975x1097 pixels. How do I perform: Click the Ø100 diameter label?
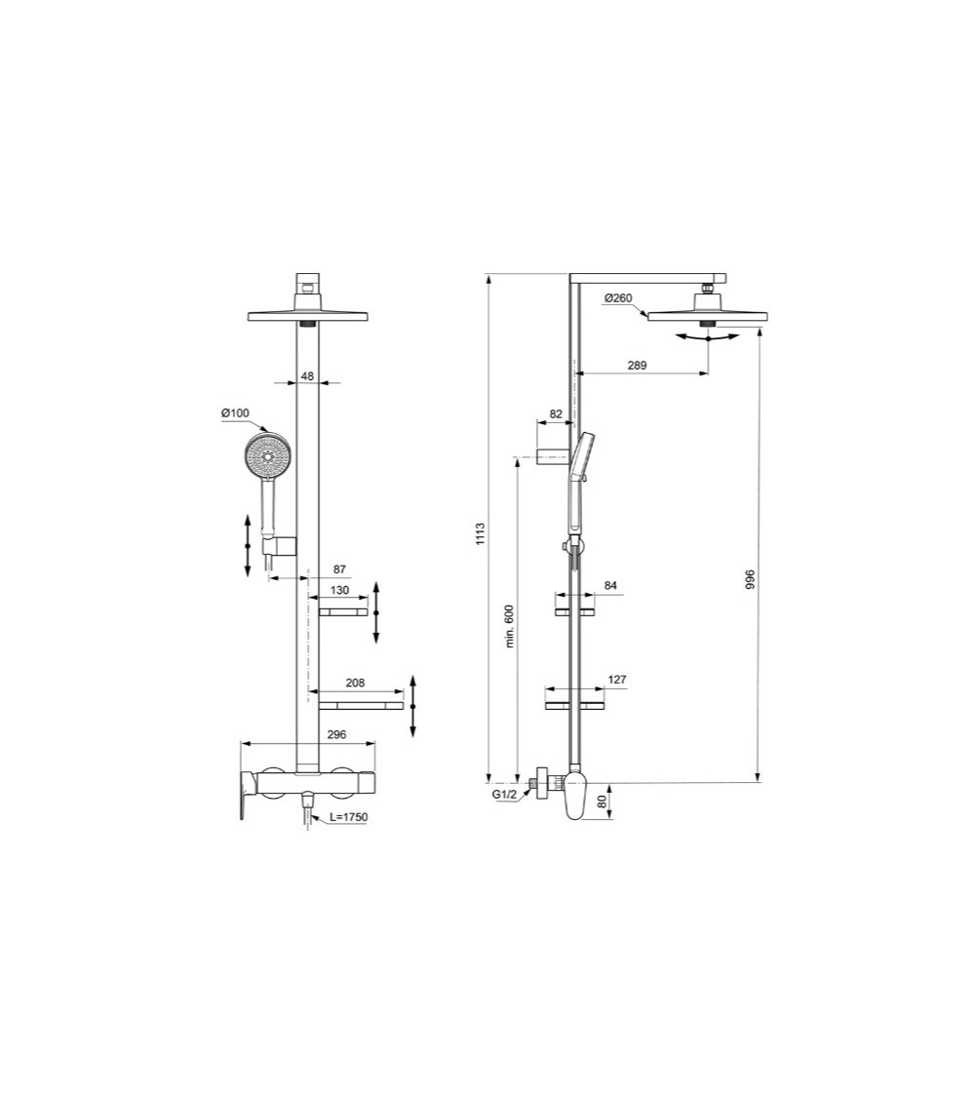[x=235, y=413]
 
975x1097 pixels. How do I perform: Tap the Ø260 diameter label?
[x=618, y=298]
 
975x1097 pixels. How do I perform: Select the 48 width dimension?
[x=307, y=375]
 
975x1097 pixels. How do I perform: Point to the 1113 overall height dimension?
[x=480, y=533]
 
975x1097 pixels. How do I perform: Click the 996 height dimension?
[x=750, y=579]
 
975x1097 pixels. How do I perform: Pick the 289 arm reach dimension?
[x=637, y=365]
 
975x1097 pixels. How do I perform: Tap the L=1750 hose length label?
[x=348, y=816]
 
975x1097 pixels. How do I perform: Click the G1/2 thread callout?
[x=504, y=795]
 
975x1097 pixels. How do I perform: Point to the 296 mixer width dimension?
[x=307, y=737]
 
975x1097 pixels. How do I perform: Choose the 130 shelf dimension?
[x=339, y=591]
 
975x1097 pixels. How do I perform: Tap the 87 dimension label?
[x=339, y=568]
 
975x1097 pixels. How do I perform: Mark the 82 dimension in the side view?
[x=556, y=414]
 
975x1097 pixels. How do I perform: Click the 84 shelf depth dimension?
[x=610, y=586]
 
